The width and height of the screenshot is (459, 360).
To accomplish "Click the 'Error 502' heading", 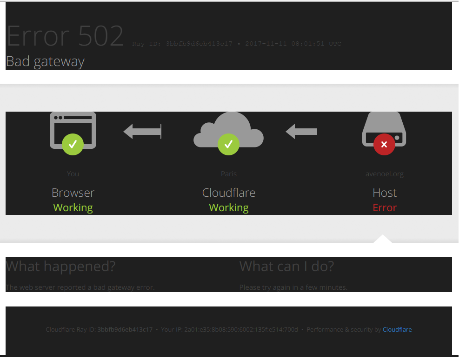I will click(65, 36).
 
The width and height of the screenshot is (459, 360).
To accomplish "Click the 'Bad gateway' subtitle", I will click(45, 61).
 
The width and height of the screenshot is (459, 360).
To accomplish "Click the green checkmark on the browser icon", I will click(73, 144).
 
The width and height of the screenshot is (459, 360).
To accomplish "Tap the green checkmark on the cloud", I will click(228, 144).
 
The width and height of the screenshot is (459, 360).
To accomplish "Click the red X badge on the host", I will click(384, 144).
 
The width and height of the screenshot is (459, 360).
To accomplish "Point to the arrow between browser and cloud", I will click(142, 131).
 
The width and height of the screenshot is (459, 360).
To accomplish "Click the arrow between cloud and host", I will click(301, 132).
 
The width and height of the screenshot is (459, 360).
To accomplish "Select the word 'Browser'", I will click(73, 193).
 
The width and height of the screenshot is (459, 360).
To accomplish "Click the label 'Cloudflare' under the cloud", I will click(228, 193).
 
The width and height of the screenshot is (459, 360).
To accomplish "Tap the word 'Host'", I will click(385, 193).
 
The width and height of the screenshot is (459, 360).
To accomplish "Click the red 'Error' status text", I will click(385, 207).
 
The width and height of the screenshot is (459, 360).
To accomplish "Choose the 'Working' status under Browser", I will click(73, 207).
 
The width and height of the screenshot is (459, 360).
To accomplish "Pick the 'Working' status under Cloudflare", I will click(228, 207).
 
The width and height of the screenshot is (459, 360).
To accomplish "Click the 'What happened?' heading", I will click(60, 267).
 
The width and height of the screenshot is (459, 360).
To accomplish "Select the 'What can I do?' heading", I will click(286, 267).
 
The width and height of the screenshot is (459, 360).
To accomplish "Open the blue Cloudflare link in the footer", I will click(397, 329).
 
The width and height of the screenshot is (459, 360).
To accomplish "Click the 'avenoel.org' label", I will click(385, 174).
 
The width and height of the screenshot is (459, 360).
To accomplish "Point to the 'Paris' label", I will click(228, 174).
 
